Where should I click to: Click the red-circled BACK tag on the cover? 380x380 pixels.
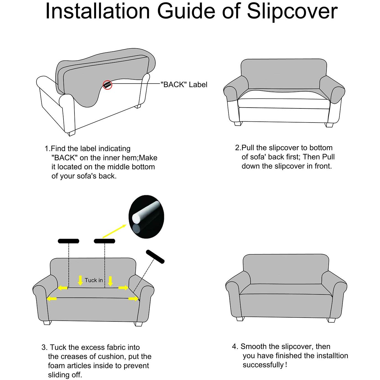pos(107,85)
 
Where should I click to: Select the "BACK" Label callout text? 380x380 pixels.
pos(184,85)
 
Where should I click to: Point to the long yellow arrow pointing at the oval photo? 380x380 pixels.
pos(115,231)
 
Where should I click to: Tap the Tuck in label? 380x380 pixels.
pos(94,280)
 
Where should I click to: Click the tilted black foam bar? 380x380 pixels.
pos(155,257)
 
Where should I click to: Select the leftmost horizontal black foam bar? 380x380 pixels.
pos(68,241)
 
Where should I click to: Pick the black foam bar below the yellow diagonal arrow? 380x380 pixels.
pos(105,241)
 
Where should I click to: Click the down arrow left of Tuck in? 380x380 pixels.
pos(80,280)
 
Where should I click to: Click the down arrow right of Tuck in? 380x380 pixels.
pos(110,281)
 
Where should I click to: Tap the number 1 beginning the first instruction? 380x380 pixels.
pos(47,149)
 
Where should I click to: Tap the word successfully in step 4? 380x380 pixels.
pos(263,365)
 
